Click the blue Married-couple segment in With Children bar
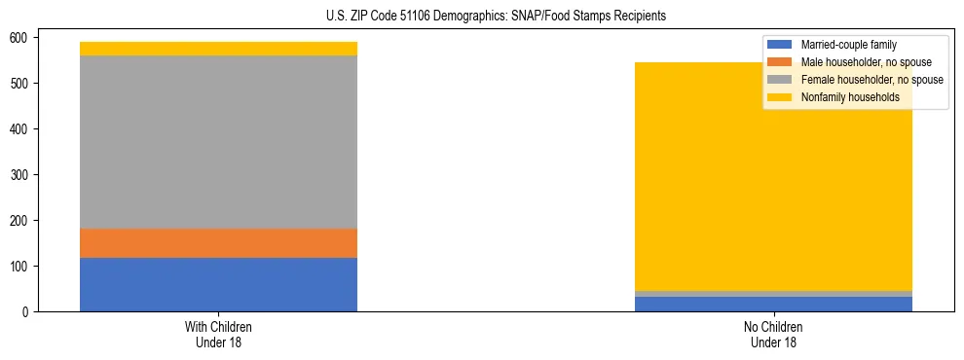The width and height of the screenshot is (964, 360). tap(218, 284)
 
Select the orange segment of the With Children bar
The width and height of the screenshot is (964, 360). tap(218, 243)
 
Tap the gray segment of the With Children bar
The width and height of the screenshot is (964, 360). tap(218, 142)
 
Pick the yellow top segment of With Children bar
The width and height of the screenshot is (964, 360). tap(218, 49)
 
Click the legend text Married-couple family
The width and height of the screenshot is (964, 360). tap(848, 45)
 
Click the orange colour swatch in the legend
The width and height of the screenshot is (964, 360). tap(780, 62)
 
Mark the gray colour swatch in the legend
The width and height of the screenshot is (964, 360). tap(780, 80)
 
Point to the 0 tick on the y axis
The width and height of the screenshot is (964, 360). tap(29, 312)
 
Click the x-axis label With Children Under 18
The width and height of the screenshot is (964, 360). tap(218, 335)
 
